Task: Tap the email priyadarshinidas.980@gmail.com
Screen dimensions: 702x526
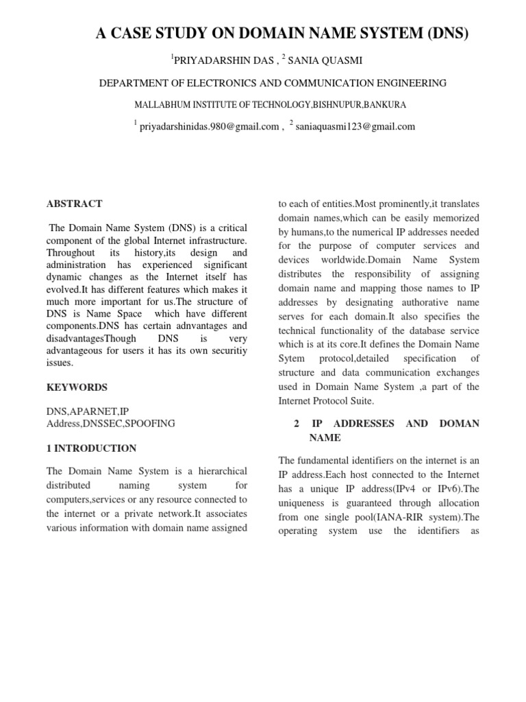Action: pos(210,126)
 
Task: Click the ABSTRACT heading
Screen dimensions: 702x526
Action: pos(74,204)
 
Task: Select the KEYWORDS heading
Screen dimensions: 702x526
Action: pos(77,387)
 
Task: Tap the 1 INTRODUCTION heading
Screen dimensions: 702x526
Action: pos(91,448)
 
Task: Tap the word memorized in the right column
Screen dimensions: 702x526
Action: pos(455,218)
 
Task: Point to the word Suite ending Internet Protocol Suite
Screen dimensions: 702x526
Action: pos(362,400)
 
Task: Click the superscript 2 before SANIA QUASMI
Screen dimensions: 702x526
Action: pos(284,57)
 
